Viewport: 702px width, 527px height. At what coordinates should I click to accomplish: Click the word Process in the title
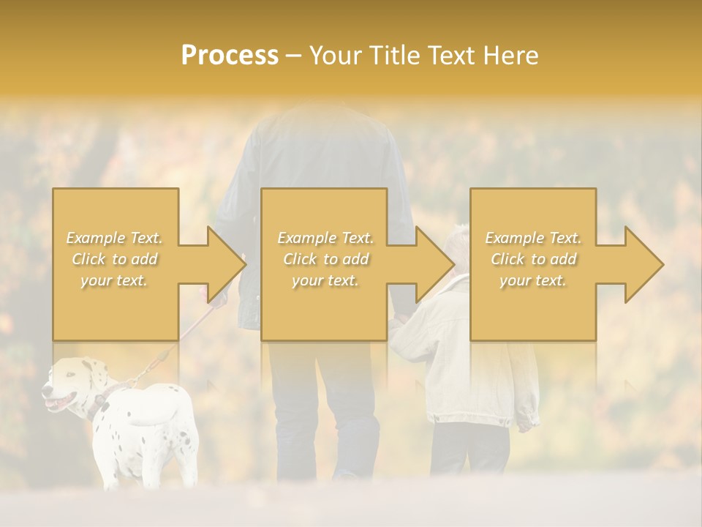coord(230,56)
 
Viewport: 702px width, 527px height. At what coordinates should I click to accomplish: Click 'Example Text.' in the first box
coord(114,238)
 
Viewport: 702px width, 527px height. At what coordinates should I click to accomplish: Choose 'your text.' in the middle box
coord(325,280)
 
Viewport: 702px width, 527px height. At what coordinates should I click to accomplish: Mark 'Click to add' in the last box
coord(533,259)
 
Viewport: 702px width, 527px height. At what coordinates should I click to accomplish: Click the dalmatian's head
coord(69,384)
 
